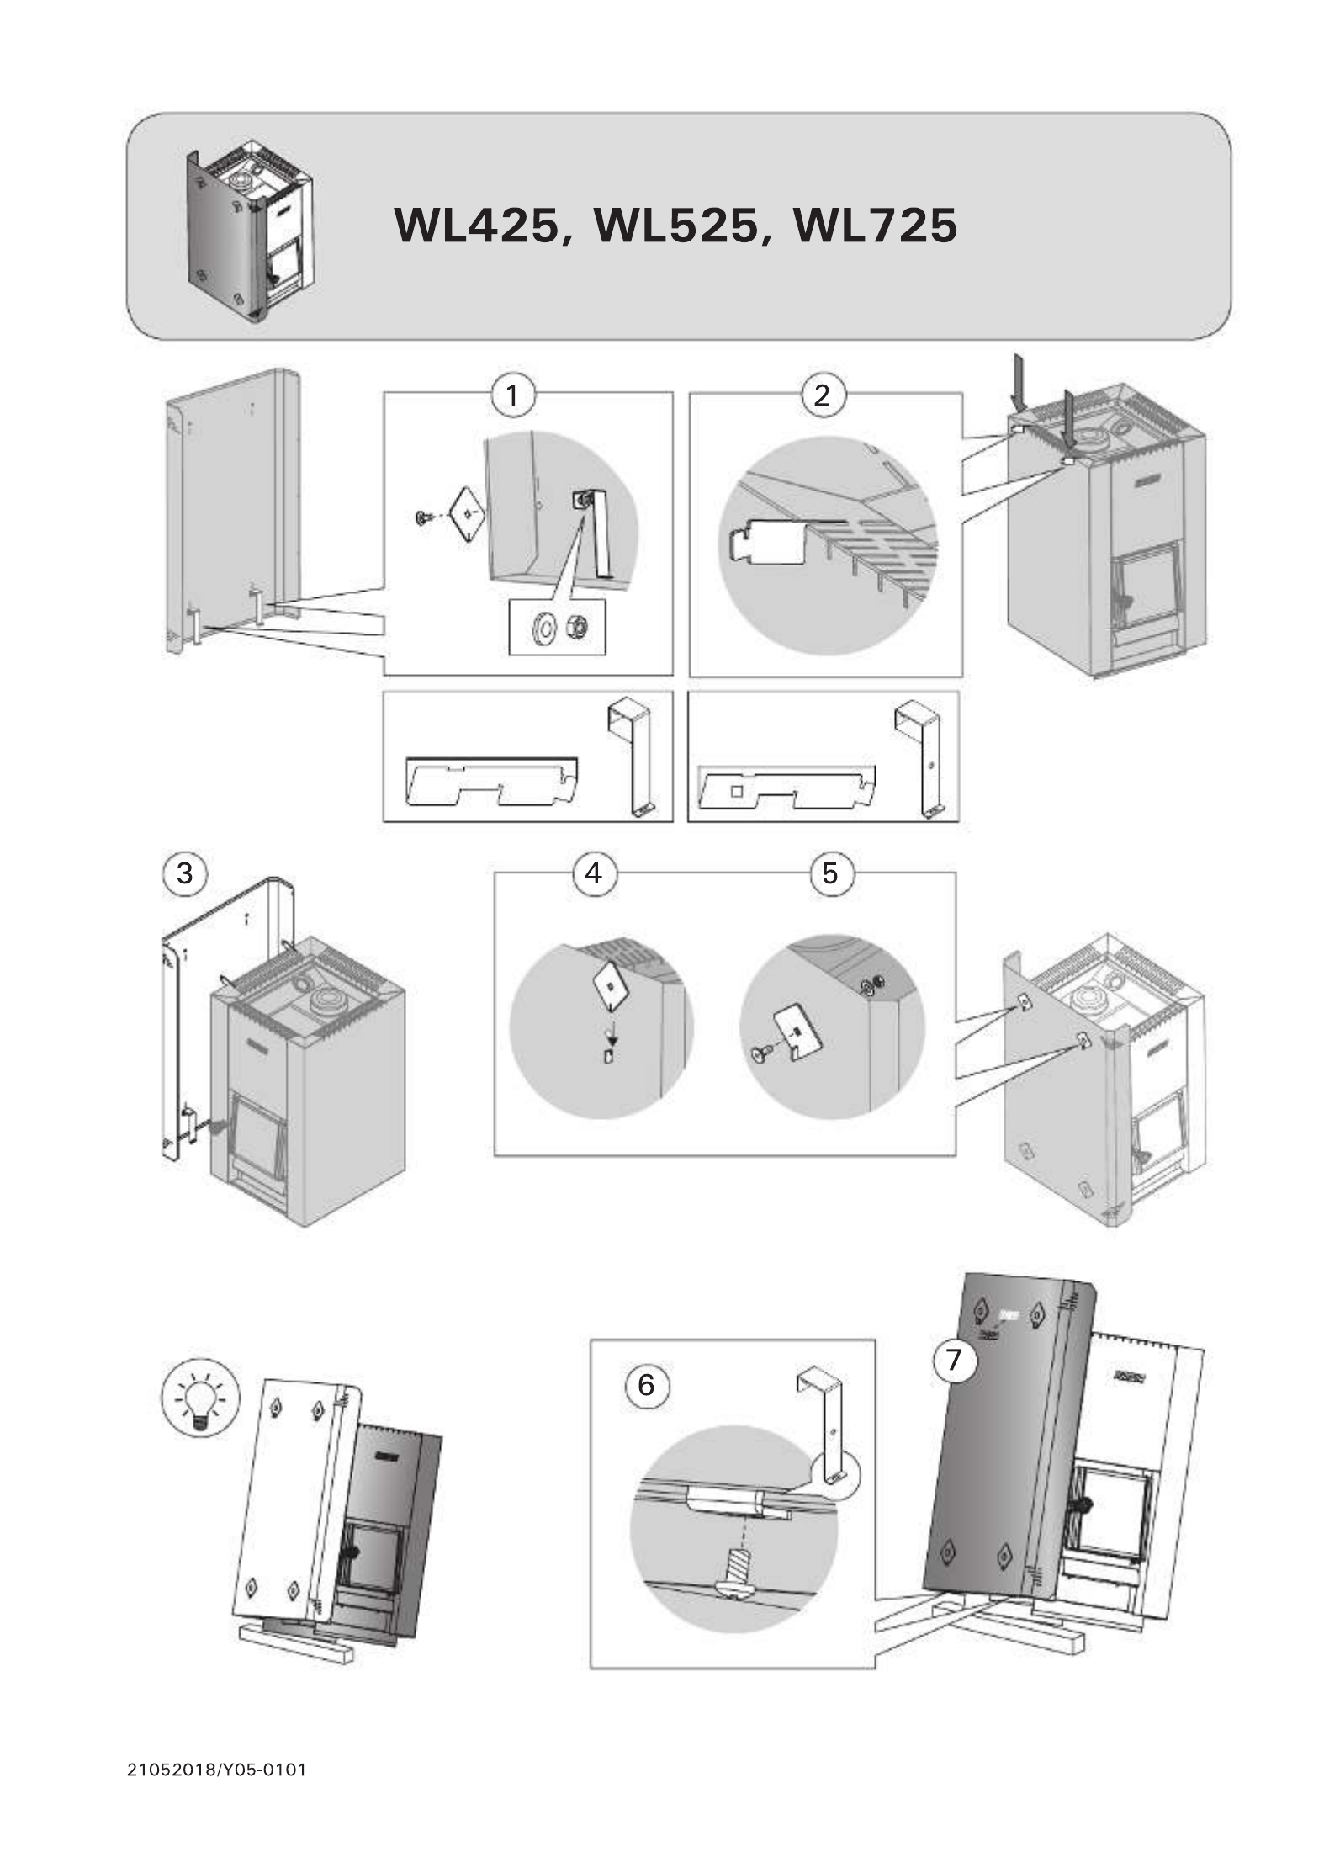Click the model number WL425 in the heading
point(477,226)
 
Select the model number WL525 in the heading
point(675,226)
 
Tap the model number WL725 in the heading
point(875,226)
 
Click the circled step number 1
point(512,394)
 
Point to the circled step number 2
point(822,394)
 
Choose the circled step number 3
point(184,873)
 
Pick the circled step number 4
point(594,873)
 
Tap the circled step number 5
point(830,873)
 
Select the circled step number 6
point(646,1384)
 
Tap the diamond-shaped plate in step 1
point(467,512)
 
